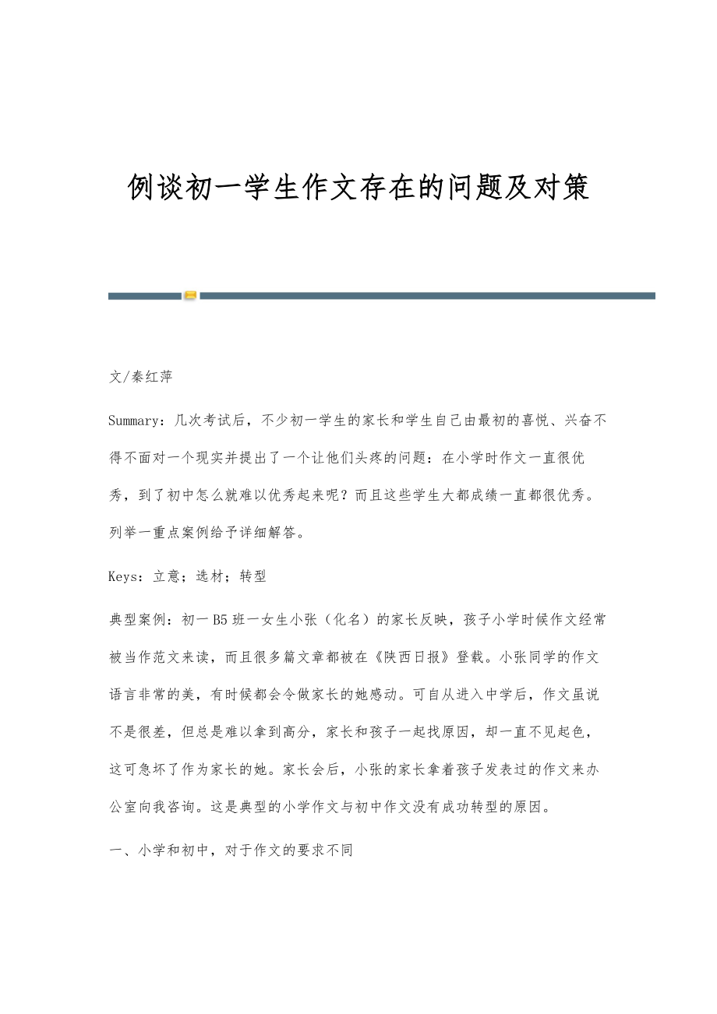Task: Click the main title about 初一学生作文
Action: coord(358,188)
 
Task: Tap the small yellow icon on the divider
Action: coord(190,296)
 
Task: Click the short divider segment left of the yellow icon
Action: coord(144,296)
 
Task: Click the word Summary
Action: coord(135,421)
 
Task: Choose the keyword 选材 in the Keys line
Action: coord(210,576)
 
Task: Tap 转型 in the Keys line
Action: coord(253,576)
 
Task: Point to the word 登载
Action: coord(471,657)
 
